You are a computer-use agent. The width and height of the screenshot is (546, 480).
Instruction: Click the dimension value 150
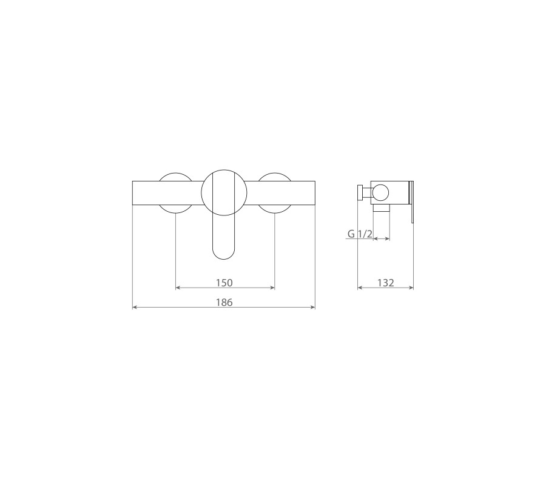click(x=224, y=283)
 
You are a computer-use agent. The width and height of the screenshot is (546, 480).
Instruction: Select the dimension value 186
click(x=224, y=302)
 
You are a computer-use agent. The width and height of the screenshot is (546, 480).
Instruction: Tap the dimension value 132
click(x=385, y=283)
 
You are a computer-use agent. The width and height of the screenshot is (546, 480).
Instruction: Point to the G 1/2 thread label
click(x=360, y=234)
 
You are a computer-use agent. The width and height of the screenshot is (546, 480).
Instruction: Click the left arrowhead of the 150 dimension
click(x=178, y=288)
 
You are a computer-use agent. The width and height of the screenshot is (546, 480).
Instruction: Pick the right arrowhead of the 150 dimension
click(x=272, y=288)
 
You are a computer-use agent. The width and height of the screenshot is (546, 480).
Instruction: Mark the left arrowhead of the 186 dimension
click(x=135, y=307)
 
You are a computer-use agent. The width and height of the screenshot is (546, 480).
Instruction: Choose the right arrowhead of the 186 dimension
click(x=312, y=307)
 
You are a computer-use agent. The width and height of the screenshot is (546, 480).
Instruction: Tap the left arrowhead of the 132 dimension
click(x=360, y=288)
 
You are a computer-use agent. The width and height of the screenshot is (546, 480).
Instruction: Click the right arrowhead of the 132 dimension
click(x=411, y=288)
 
